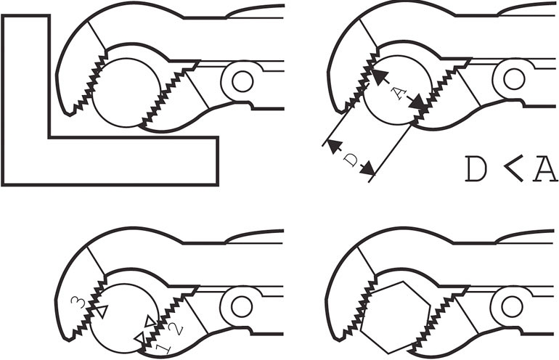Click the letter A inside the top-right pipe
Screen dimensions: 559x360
[399, 94]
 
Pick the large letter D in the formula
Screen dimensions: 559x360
[476, 168]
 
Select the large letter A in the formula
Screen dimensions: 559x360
[545, 168]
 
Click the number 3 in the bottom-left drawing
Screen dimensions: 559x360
[78, 302]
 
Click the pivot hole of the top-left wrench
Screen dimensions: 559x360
[242, 81]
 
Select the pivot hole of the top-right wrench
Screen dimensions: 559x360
[514, 79]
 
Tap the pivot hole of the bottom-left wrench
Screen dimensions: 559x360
[242, 306]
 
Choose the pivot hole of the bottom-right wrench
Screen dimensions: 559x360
[512, 306]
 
